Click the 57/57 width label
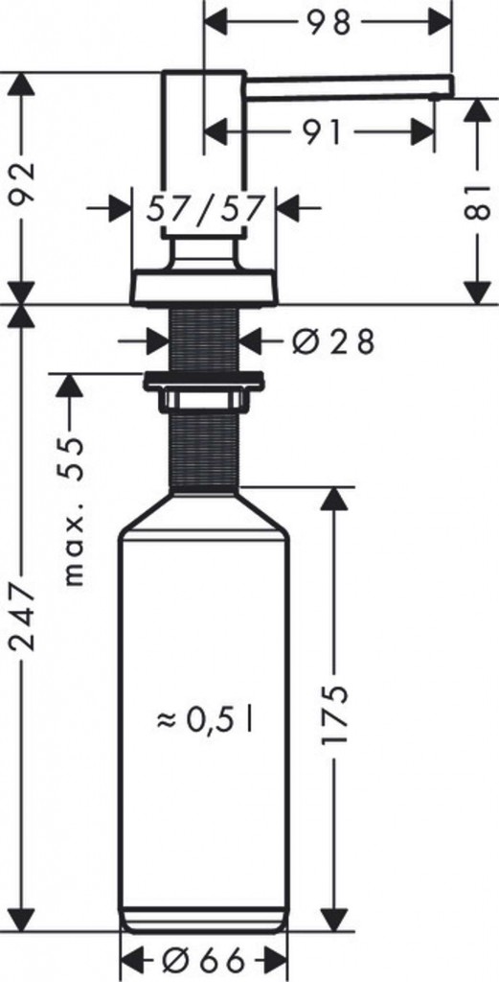click(x=205, y=207)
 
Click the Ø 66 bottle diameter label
click(x=204, y=960)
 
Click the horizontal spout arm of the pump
click(x=345, y=83)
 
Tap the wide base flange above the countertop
click(x=204, y=288)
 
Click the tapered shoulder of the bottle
click(x=204, y=508)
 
